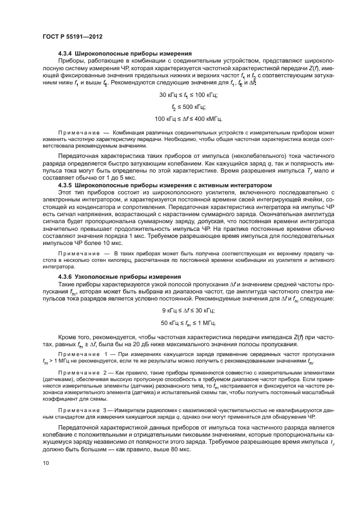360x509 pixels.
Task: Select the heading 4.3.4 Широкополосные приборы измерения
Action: (x=124, y=53)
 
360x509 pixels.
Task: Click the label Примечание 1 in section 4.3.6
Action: (x=82, y=354)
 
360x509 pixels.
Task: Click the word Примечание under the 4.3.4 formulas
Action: (x=76, y=132)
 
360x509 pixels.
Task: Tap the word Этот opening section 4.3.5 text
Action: (x=65, y=193)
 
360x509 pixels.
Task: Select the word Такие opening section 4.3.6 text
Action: (x=68, y=284)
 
